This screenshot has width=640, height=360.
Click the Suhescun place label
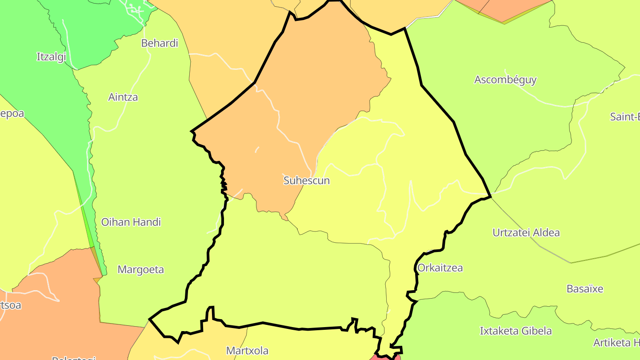pos(307,181)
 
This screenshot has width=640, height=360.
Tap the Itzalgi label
pos(51,57)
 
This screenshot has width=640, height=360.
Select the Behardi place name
pos(160,43)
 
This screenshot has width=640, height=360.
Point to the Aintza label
pos(123,97)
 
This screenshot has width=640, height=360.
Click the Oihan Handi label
pos(131,222)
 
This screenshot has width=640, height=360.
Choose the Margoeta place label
pos(140,269)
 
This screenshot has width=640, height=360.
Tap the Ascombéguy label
pos(505,80)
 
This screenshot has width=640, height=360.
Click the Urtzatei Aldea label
pos(526,233)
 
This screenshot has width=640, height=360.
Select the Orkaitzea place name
pos(440,268)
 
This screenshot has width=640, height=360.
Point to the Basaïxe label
pos(585,289)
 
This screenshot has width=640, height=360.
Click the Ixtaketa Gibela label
pos(516,331)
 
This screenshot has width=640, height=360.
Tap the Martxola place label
pos(247,351)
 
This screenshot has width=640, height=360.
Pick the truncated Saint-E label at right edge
pos(625,117)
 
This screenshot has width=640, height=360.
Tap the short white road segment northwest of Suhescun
pos(257,149)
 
